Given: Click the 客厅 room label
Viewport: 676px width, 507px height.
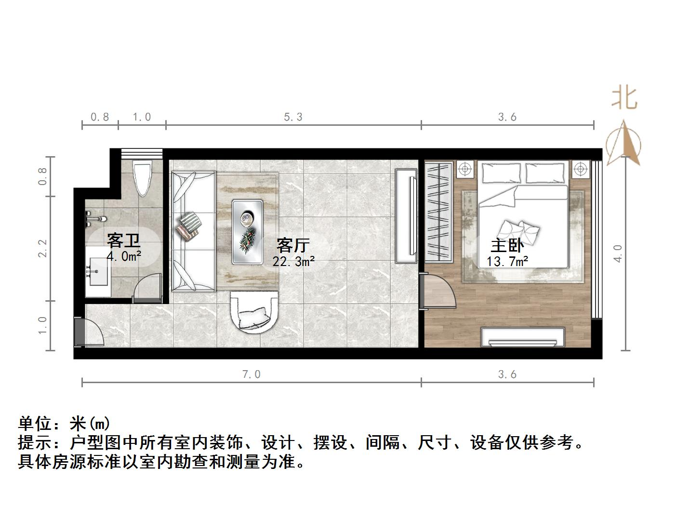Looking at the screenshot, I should tap(292, 245).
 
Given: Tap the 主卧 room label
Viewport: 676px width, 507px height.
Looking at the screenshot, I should tap(507, 246).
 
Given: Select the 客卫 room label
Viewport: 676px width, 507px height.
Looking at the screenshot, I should tap(123, 240).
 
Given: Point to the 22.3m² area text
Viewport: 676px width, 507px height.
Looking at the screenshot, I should tap(293, 261).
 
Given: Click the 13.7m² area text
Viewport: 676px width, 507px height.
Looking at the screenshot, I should tap(507, 261).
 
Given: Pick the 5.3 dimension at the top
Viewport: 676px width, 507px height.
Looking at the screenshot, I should tap(293, 117).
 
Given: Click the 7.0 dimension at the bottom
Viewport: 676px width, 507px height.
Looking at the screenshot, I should tap(251, 374).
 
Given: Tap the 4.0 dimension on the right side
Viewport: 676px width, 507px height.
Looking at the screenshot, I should tap(618, 253).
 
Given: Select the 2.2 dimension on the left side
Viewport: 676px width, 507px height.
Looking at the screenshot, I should tap(43, 248).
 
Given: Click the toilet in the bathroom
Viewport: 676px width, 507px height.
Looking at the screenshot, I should tap(143, 178).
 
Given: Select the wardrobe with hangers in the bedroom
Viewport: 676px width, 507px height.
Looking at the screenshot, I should tap(438, 212).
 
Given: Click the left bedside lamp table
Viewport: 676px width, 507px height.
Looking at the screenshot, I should tap(465, 169).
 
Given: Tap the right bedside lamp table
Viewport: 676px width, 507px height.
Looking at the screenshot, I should tap(581, 169).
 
